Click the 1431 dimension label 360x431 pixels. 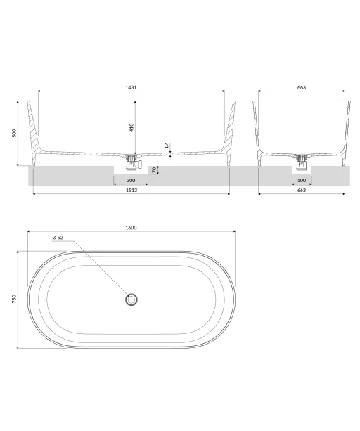(131, 87)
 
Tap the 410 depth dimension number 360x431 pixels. (131, 127)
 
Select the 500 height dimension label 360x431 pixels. (14, 133)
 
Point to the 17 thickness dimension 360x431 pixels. (167, 146)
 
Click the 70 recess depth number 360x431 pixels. (154, 170)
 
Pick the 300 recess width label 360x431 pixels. (131, 180)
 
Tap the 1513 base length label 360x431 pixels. (131, 191)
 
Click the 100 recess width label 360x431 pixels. (302, 180)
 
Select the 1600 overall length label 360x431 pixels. (131, 228)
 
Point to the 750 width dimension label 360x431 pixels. (14, 299)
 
